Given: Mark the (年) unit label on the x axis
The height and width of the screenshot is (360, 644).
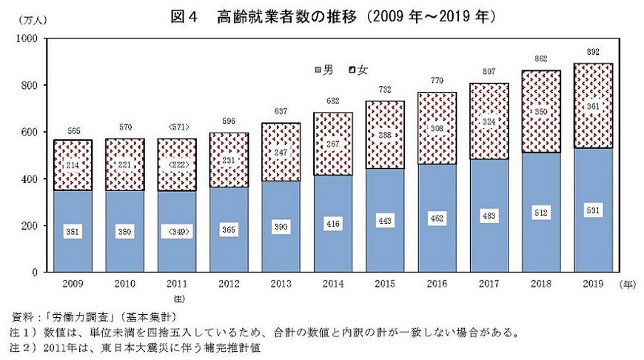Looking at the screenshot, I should coord(628,284).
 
